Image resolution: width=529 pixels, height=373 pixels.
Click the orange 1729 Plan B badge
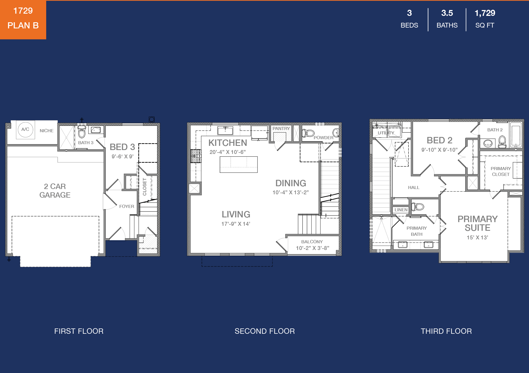pos(23,19)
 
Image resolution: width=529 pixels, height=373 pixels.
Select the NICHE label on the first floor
pos(46,131)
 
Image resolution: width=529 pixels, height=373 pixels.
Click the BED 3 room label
pos(122,147)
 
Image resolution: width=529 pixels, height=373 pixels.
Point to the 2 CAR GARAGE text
pos(55,191)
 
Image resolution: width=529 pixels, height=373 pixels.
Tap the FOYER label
pos(127,206)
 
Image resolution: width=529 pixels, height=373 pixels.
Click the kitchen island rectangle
pos(239,165)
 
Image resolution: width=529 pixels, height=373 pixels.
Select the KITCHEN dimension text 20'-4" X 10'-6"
pos(228,152)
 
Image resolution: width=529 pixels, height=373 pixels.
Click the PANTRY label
pos(281,128)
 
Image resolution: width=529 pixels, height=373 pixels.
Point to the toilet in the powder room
pos(308,133)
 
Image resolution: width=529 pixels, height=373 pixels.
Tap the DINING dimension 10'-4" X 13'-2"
pos(291,192)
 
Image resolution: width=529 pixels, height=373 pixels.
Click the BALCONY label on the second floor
pos(312,242)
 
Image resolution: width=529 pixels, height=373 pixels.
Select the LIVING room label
pos(236,214)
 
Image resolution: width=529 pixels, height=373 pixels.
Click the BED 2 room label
pos(439,140)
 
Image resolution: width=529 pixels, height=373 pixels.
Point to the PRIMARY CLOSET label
pos(501,171)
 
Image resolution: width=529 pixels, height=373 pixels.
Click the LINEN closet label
pos(401,210)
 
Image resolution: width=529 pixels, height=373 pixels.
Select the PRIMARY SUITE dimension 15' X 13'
pos(477,237)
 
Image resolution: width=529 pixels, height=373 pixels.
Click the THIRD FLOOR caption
pos(446,331)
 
